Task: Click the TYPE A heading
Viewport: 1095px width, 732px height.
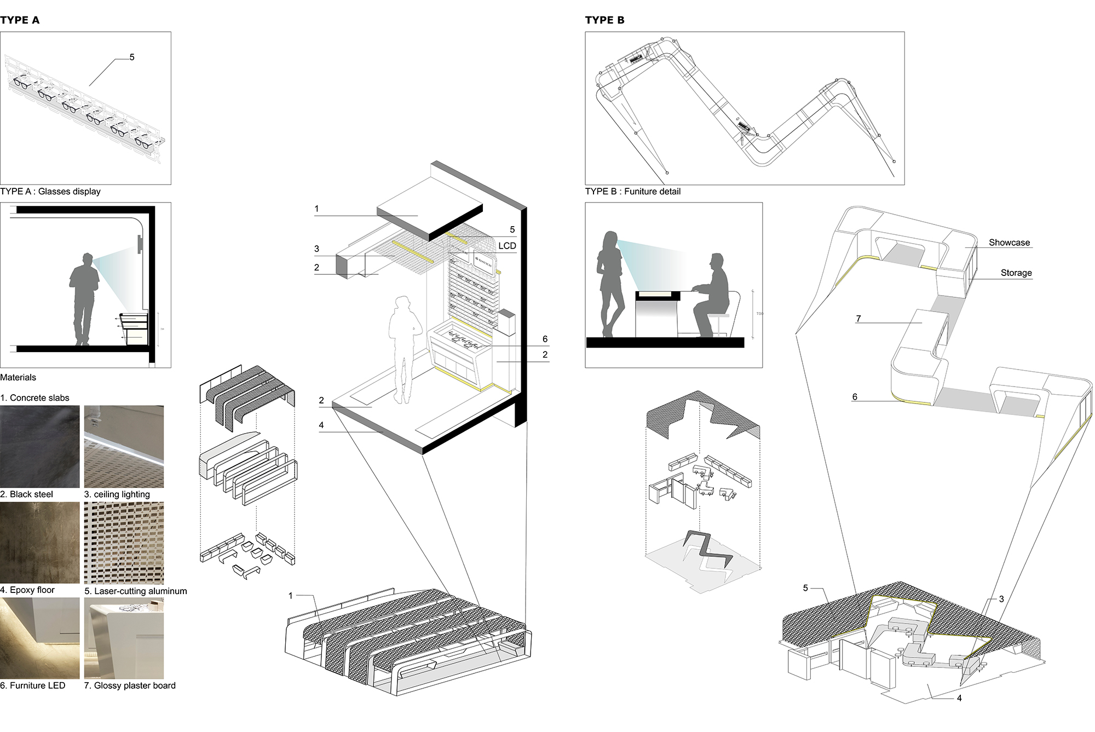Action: point(20,20)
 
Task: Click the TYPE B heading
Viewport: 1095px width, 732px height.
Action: point(604,20)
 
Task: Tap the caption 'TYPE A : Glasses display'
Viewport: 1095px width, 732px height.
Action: point(50,192)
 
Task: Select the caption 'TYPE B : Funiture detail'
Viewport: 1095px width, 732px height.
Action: point(632,192)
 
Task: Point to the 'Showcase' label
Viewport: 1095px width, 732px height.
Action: point(1009,243)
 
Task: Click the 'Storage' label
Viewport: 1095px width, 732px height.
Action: point(1016,273)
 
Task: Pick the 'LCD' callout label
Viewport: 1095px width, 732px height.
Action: point(507,246)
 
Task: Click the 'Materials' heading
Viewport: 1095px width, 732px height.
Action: point(18,377)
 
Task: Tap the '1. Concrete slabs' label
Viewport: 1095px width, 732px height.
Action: point(35,398)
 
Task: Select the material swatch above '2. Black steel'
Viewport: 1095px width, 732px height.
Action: point(40,446)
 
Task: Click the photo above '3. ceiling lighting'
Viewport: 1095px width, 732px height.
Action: point(124,446)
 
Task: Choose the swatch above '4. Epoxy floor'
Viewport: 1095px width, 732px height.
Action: point(40,543)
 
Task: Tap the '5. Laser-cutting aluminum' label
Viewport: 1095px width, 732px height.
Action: point(135,591)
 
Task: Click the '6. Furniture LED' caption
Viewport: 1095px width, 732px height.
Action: point(33,685)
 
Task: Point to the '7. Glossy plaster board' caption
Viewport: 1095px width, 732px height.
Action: point(130,685)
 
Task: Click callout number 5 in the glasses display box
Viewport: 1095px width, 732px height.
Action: point(132,57)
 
